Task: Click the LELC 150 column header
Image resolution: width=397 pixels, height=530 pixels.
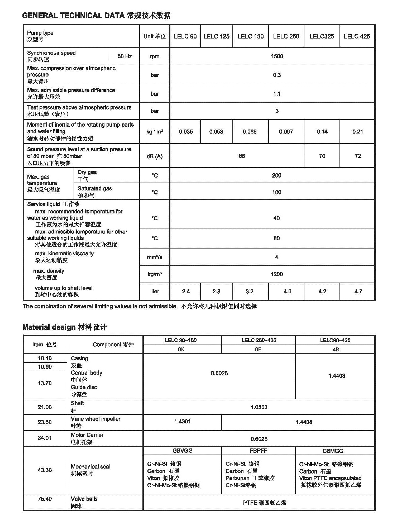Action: coord(250,36)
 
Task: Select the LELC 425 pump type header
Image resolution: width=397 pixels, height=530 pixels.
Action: coord(357,36)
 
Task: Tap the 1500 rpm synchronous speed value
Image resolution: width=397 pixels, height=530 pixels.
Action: coord(277,56)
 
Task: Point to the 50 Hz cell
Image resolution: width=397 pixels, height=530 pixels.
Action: coord(125,56)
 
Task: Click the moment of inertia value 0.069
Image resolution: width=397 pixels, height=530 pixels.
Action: coord(250,132)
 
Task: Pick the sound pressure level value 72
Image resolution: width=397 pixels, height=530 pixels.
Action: coord(358,156)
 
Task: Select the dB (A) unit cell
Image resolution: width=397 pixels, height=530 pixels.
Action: coord(155,156)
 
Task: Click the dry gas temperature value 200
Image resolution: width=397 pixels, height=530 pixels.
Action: coord(276,175)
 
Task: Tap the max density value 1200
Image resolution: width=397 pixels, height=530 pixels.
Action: coord(276,274)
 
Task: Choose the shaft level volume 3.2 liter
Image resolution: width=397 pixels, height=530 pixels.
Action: coord(249,291)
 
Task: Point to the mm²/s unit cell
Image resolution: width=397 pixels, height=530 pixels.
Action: coord(155,257)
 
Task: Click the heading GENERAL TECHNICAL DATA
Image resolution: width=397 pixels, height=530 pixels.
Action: coord(73,15)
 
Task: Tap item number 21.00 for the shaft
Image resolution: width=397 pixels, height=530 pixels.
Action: coord(45,407)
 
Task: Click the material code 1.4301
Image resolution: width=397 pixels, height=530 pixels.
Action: coord(182,421)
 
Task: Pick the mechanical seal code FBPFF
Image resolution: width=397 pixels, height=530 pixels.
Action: coord(258,451)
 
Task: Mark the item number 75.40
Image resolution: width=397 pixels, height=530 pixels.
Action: coord(45,499)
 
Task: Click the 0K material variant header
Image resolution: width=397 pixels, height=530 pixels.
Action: coord(181,349)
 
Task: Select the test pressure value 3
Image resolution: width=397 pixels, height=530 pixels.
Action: coord(277,111)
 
